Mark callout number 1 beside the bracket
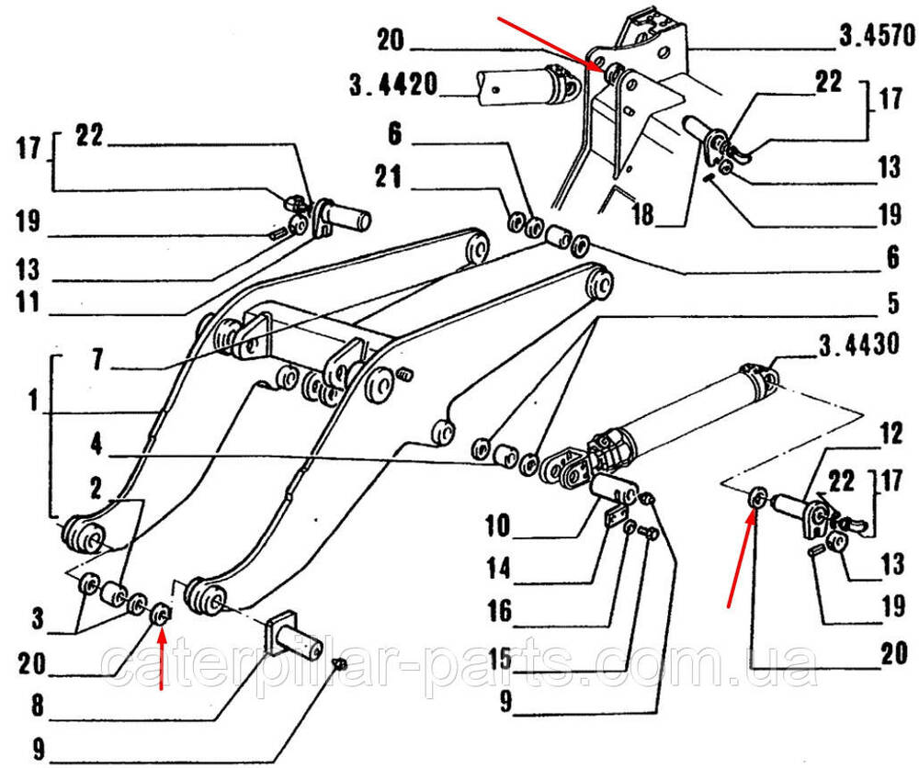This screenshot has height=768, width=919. (x=33, y=401)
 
